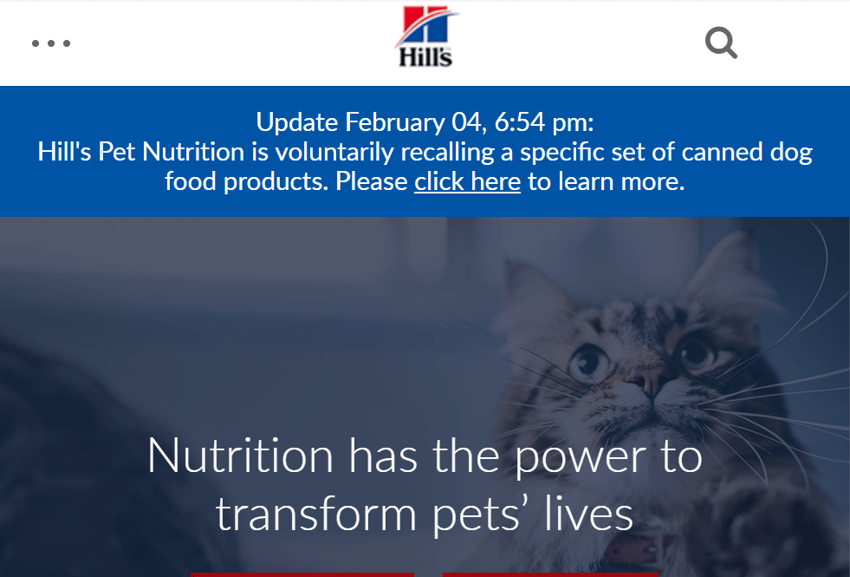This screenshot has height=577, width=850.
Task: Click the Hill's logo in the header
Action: tap(426, 36)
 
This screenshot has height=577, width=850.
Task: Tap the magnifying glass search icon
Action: tap(721, 43)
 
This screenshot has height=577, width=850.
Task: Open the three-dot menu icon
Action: tap(51, 43)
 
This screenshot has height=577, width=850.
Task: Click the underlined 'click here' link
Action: tap(467, 181)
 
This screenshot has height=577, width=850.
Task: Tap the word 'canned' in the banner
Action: tap(722, 152)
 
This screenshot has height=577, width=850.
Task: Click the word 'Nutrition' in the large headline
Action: tap(240, 456)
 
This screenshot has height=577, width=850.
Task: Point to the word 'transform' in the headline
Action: tap(316, 515)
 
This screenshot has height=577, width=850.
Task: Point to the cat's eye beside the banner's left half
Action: tap(589, 360)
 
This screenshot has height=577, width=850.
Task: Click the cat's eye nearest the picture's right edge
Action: tap(698, 351)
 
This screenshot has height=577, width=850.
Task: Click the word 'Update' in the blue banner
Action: tap(297, 122)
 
